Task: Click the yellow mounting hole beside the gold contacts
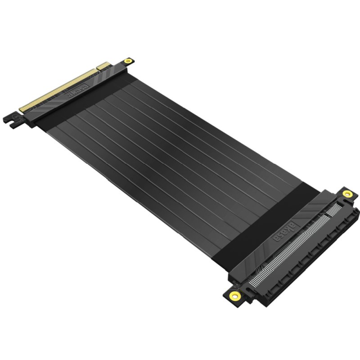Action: point(129,60)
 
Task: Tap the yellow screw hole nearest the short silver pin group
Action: point(346,193)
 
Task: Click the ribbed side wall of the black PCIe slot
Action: point(310,265)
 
